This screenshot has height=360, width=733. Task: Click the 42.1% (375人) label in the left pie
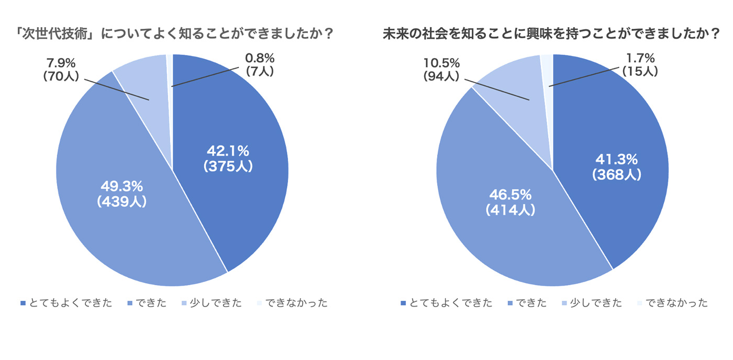[x=228, y=159]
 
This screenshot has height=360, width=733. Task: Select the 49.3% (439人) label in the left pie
[x=121, y=194]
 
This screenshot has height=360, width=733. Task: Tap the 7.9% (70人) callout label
[x=61, y=69]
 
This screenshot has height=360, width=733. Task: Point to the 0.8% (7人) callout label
[x=260, y=65]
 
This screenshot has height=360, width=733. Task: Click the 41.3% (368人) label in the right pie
[x=617, y=167]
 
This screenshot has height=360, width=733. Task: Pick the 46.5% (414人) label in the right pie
[x=510, y=203]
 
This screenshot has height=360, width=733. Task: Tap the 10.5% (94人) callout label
[x=441, y=69]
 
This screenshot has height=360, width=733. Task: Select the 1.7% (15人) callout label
[x=640, y=65]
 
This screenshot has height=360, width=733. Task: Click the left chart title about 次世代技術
[x=175, y=33]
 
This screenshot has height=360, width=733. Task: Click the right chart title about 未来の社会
[x=551, y=33]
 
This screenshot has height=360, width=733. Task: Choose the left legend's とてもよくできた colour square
[x=23, y=303]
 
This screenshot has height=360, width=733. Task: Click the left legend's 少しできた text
[x=216, y=303]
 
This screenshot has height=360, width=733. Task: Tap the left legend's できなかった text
[x=296, y=303]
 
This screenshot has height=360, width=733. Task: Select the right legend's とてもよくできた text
[x=451, y=303]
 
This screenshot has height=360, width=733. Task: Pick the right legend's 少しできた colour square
[x=564, y=303]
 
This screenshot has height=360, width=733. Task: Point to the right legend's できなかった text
[x=676, y=303]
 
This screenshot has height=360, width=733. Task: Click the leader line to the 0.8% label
[x=205, y=77]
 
